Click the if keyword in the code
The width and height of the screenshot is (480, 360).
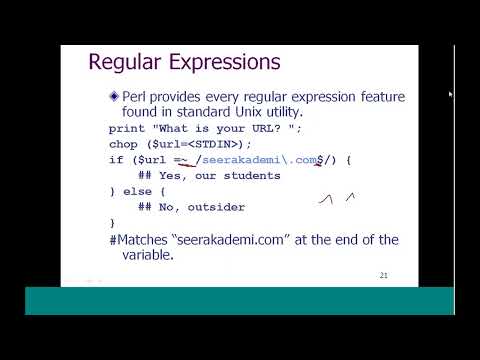pos(114,160)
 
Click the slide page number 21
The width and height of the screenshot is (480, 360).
pos(384,274)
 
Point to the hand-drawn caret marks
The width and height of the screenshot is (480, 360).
pos(337,198)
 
